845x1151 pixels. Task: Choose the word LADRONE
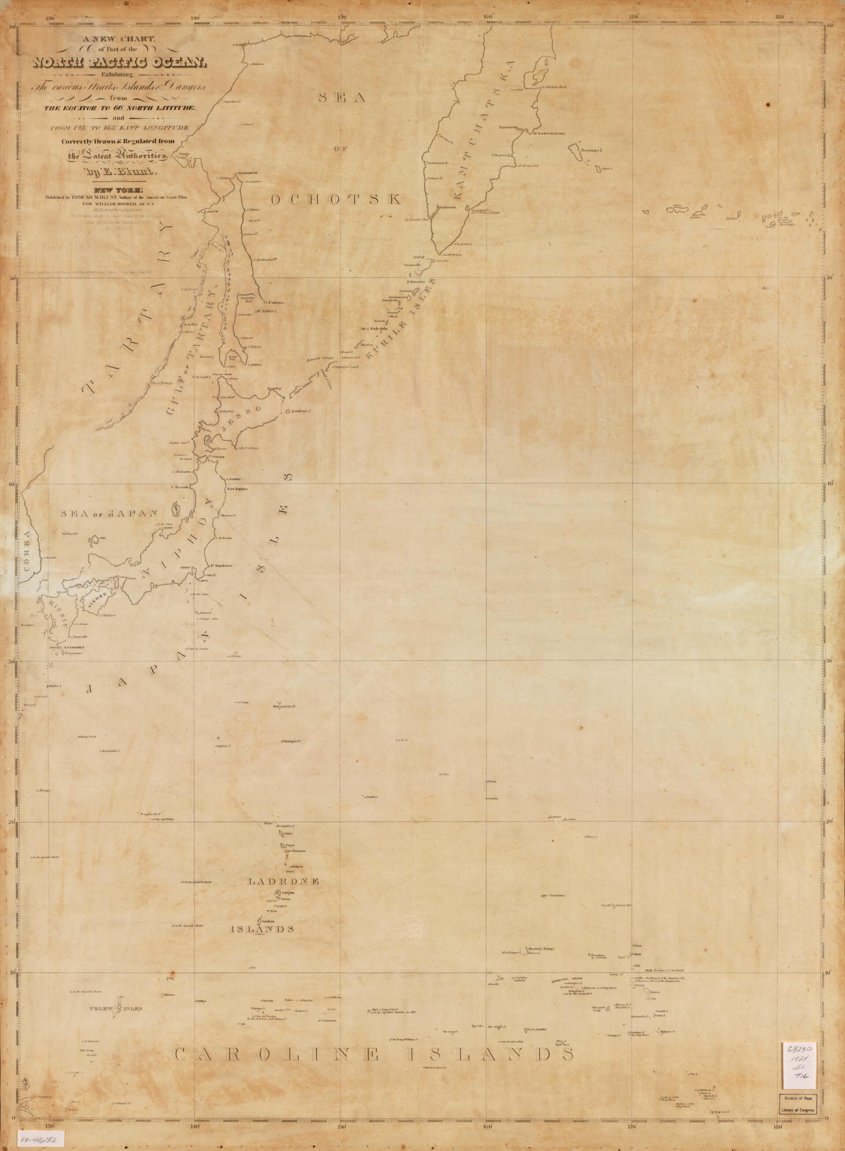tap(283, 881)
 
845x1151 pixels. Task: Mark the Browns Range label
tap(542, 949)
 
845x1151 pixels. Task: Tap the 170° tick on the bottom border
tap(632, 1121)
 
